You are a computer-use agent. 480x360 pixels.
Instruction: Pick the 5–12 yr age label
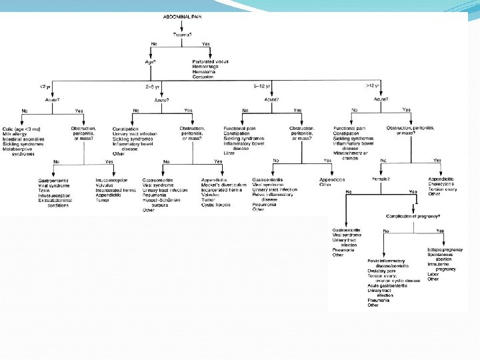click(x=261, y=85)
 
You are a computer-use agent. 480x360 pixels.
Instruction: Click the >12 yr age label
click(x=373, y=85)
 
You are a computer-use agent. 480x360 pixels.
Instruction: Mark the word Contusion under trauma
click(x=199, y=77)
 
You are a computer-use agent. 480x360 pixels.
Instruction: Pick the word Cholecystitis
click(x=446, y=185)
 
